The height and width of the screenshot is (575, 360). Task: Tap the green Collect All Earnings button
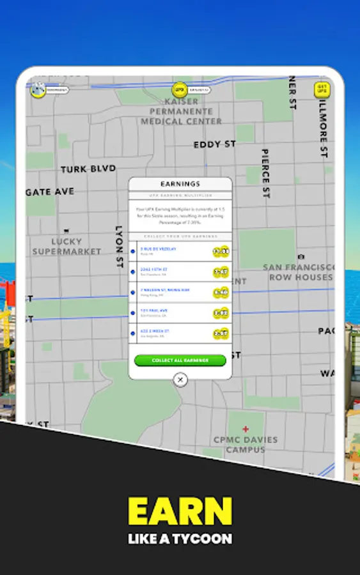click(180, 360)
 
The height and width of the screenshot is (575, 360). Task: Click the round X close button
click(180, 379)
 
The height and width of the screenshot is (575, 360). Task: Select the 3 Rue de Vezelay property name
click(158, 249)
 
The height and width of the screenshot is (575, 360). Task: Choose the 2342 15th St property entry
click(157, 270)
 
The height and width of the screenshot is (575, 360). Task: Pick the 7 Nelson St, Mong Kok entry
click(165, 290)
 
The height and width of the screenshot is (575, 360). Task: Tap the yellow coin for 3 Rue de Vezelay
click(221, 252)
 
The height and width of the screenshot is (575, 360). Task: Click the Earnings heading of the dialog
click(180, 184)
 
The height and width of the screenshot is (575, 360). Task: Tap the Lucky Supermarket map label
click(67, 246)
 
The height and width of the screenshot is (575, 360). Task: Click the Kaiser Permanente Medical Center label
click(182, 111)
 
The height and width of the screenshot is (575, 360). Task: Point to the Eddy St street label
click(215, 144)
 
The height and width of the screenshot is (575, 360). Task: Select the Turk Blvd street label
click(88, 169)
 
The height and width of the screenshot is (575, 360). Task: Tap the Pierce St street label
click(265, 174)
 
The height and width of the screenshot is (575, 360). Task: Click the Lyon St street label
click(119, 246)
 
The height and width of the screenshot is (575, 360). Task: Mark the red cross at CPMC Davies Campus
click(246, 429)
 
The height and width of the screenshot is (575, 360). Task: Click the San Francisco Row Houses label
click(301, 272)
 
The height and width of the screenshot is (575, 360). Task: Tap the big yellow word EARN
click(180, 511)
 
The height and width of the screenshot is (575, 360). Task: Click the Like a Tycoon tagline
click(180, 539)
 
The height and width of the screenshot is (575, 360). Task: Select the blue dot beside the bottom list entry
click(133, 333)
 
